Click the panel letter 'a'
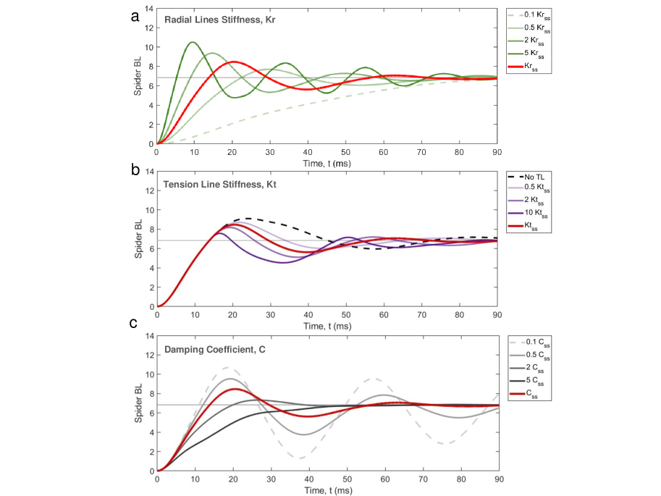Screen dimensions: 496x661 point(134,17)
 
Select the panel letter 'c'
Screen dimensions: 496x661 point(134,323)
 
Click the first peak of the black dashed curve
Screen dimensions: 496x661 point(246,218)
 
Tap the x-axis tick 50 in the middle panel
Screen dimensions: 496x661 point(347,314)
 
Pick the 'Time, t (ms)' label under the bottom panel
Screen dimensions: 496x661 point(327,489)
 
